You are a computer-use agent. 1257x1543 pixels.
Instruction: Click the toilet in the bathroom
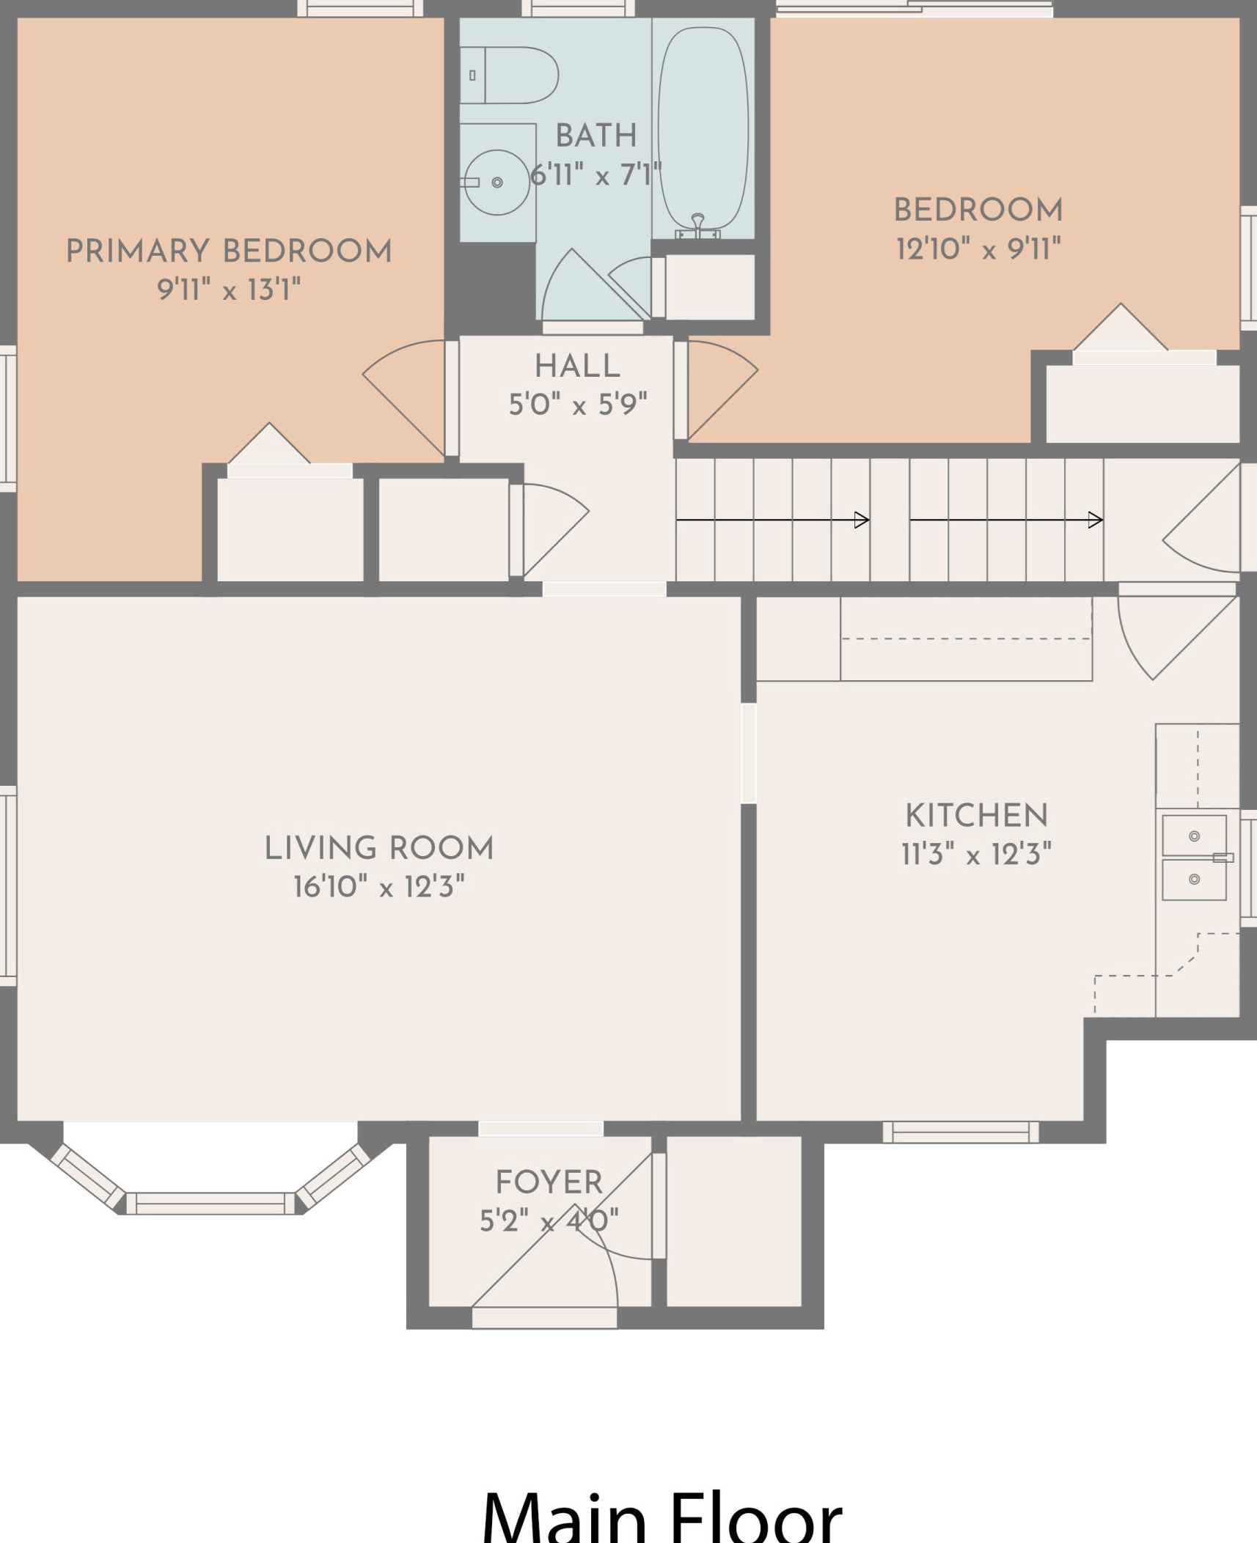[x=509, y=75]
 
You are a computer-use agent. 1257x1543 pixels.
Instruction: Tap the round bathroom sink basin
[x=497, y=182]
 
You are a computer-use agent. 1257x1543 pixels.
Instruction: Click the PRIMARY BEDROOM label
[x=229, y=251]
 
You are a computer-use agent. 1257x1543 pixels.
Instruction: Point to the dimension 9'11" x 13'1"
[x=229, y=290]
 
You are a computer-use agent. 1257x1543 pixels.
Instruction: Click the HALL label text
[x=577, y=366]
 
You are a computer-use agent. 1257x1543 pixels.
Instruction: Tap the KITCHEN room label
[x=976, y=815]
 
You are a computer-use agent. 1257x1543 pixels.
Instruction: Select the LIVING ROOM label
[x=379, y=847]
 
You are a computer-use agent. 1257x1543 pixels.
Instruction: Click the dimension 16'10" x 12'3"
[x=379, y=886]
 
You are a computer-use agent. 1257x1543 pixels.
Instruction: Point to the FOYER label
[x=549, y=1182]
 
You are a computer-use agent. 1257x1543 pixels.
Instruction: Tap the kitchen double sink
[x=1194, y=858]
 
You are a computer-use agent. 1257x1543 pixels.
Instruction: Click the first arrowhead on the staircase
[x=862, y=520]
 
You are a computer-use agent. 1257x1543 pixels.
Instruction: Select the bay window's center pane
[x=210, y=1203]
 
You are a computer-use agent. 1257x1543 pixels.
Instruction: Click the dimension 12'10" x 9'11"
[x=978, y=248]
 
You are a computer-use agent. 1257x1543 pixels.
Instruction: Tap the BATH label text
[x=596, y=135]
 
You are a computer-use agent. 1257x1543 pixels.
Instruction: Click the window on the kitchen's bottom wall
[x=961, y=1132]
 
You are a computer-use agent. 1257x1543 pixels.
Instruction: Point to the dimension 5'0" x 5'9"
[x=578, y=404]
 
